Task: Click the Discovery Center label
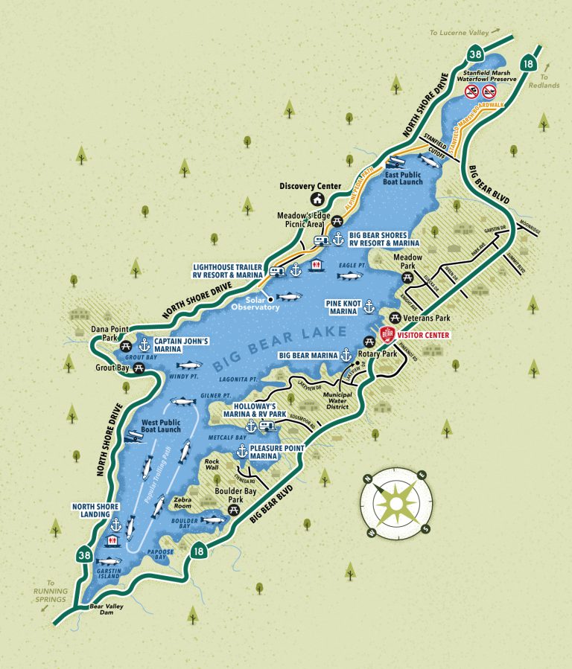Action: [x=311, y=186]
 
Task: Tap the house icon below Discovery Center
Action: [x=317, y=199]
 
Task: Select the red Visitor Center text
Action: [x=425, y=336]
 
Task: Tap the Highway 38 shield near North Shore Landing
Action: [x=83, y=552]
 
